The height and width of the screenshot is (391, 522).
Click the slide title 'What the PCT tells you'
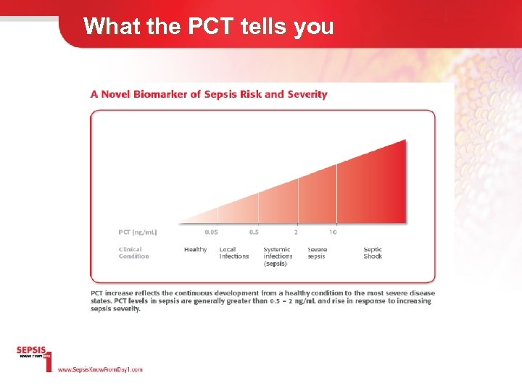coord(208,26)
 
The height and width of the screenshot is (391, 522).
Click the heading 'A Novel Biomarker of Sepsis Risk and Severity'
coord(209,94)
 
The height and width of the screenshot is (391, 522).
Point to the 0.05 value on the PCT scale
coord(211,232)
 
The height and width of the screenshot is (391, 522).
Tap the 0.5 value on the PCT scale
coord(254,232)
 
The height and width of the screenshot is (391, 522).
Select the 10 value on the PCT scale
coord(333,232)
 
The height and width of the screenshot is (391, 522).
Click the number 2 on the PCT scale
coord(296,232)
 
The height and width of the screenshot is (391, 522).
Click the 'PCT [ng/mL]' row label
coord(138,232)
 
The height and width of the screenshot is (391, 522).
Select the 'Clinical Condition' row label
coord(134,253)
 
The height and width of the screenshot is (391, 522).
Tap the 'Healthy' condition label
coord(195,250)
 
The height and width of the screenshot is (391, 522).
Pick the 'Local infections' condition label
coord(234,253)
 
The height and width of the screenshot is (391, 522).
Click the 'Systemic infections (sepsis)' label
coord(278,256)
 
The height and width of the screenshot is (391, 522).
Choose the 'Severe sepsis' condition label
coord(317,253)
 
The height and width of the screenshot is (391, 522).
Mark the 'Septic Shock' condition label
coord(373,253)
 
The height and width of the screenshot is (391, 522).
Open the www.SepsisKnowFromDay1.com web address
coord(100,369)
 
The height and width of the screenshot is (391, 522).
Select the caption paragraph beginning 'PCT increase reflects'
coord(261,300)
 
